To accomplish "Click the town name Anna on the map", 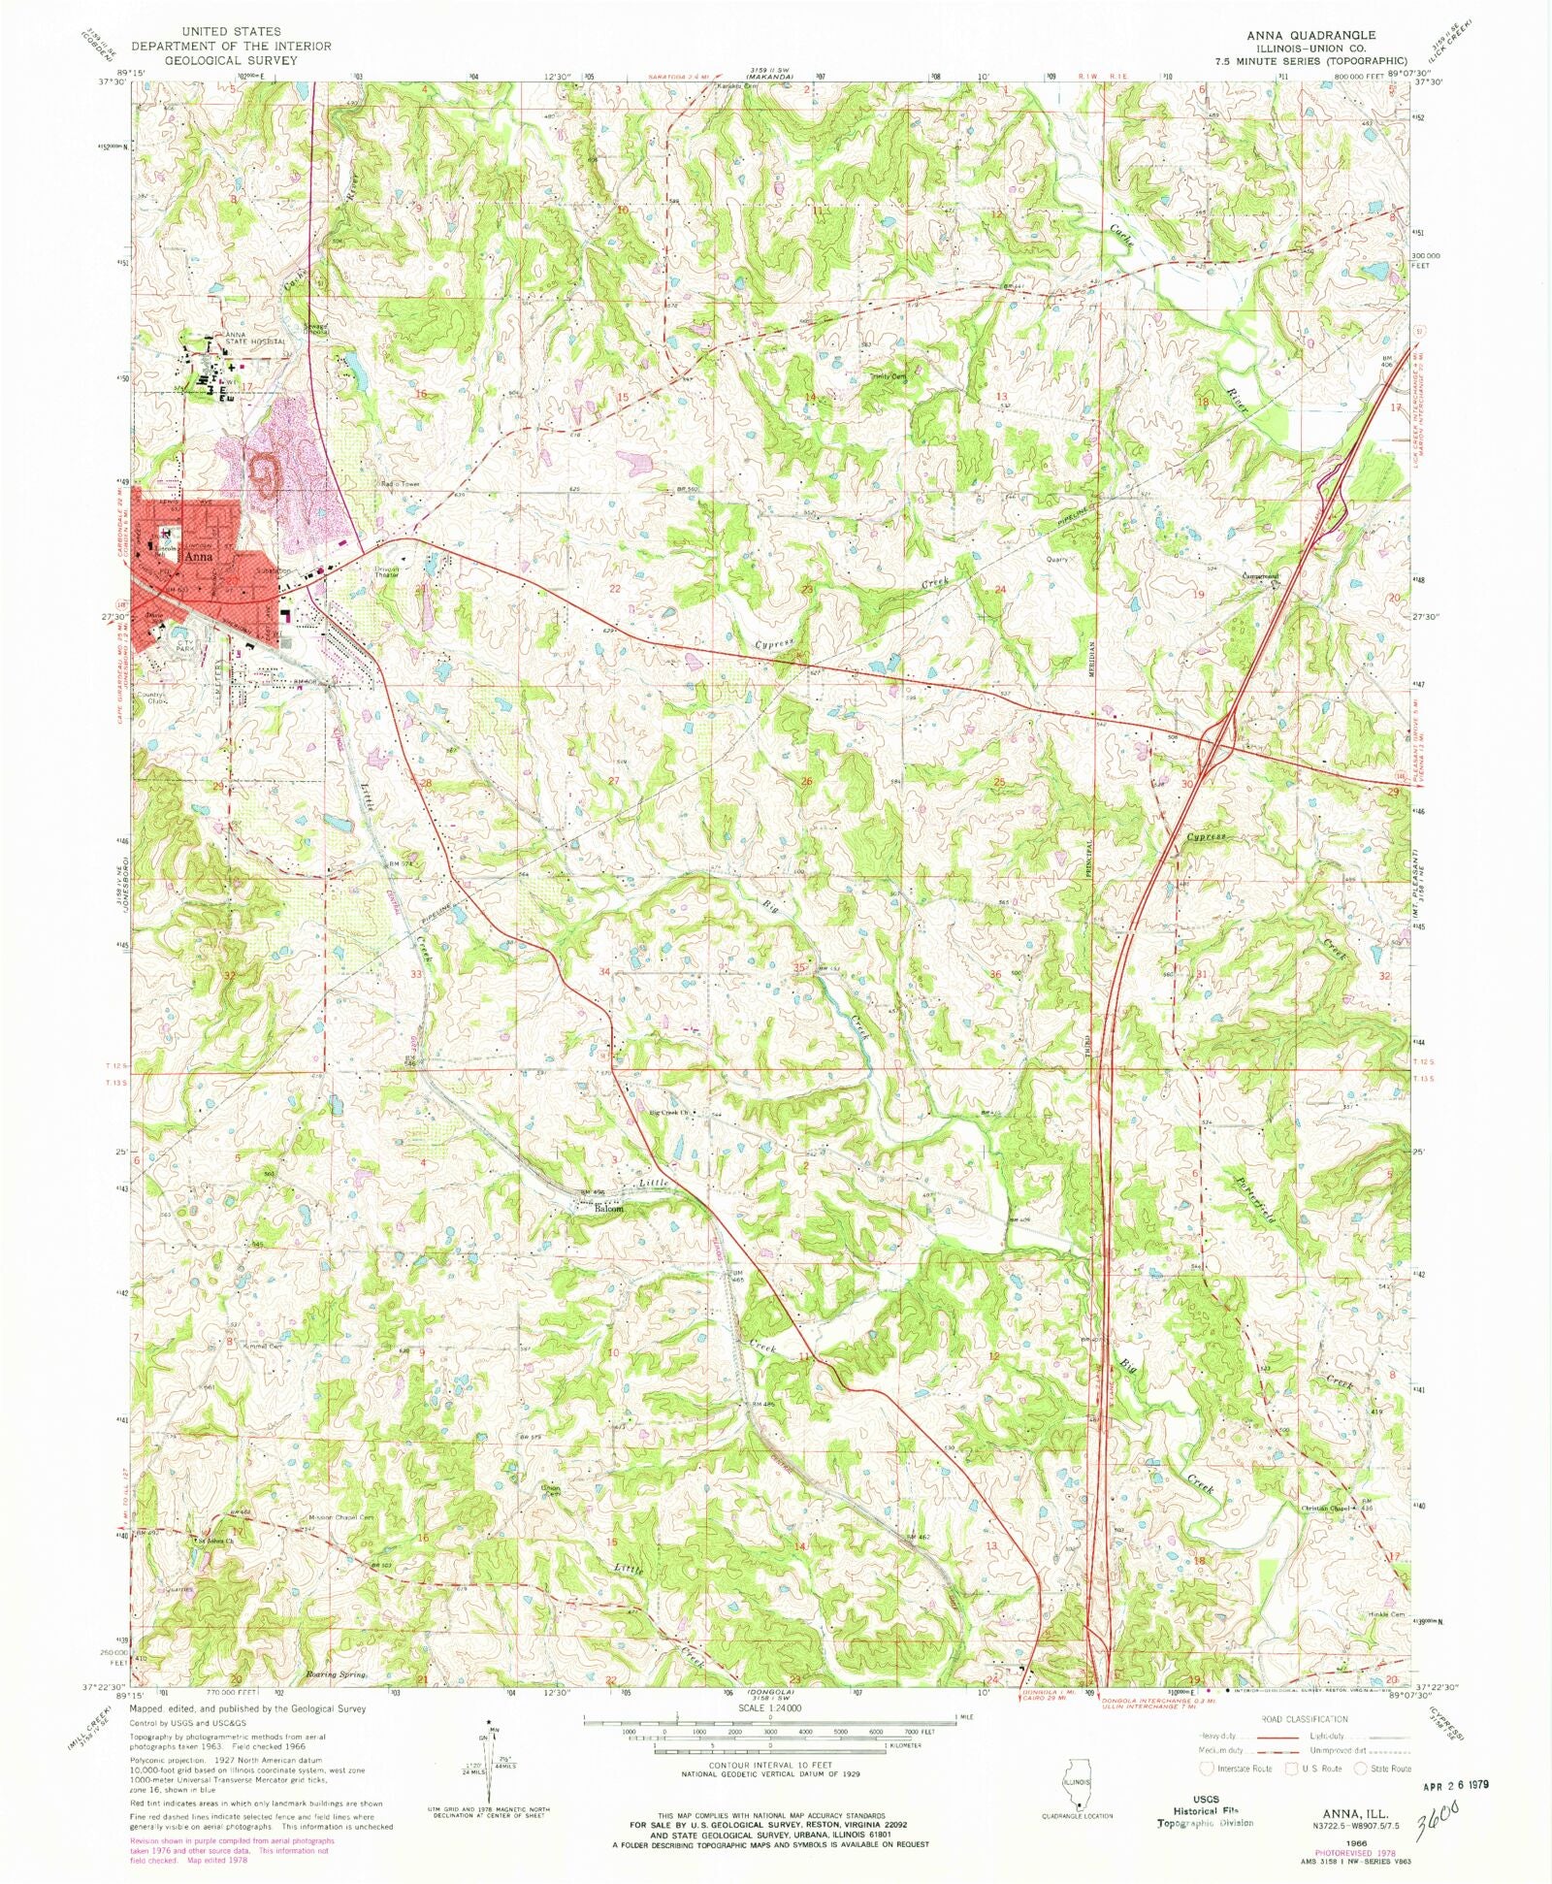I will coord(198,558).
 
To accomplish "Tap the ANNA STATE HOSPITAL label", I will coord(255,339).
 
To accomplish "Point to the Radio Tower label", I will coord(398,484).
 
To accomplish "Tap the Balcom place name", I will coord(609,1210).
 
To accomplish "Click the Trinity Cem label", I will coord(888,377).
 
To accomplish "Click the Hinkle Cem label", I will coord(1379,1614).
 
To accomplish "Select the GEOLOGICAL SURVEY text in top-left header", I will coord(231,59).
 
